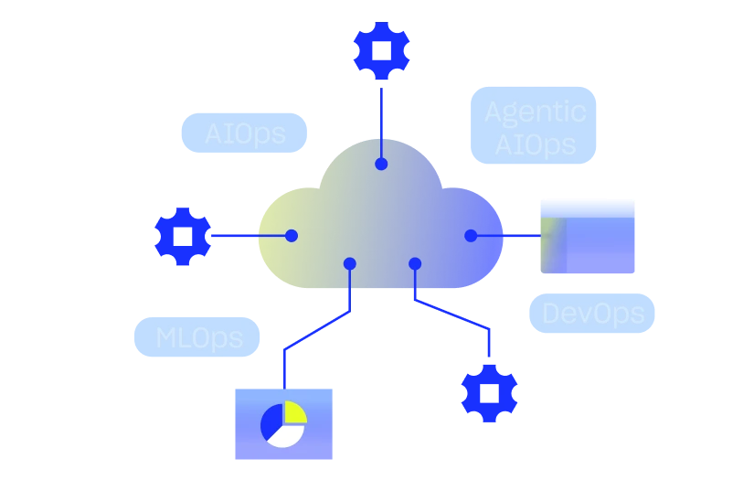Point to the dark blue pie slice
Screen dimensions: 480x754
coord(271,421)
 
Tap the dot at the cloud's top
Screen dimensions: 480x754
coord(381,165)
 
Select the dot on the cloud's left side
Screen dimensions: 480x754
coord(292,236)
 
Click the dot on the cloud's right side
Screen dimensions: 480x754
coord(471,236)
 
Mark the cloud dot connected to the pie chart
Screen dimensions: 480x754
coord(349,263)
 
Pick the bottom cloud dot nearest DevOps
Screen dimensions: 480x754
coord(415,263)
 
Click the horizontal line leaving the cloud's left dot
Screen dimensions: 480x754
coord(272,236)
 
